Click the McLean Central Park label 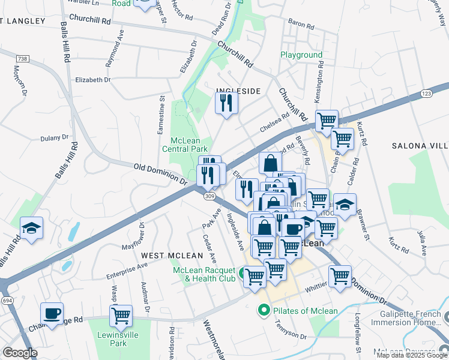185,144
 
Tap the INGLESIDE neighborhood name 238,91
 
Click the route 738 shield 23,58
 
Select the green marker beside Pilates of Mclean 263,311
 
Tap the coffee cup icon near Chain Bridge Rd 52,313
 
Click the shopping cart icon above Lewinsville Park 121,314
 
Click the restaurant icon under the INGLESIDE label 226,103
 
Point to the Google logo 20,353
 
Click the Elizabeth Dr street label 93,79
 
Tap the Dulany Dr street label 55,138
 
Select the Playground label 301,55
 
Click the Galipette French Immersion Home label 414,318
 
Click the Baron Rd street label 297,24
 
